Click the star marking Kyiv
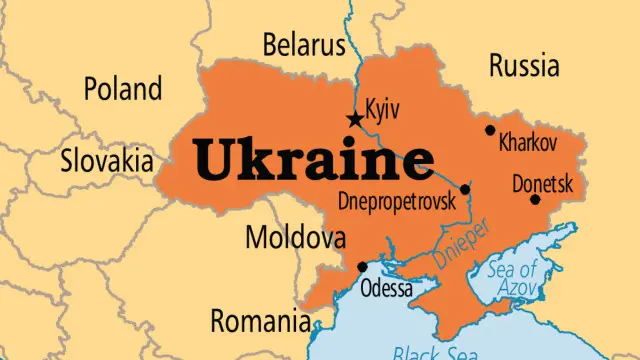point(355,120)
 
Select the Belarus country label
point(302,45)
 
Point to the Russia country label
point(523,66)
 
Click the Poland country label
point(122,88)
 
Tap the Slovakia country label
point(107,160)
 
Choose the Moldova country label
point(296,239)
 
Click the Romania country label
point(259,321)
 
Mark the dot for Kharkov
point(490,130)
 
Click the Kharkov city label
point(527,143)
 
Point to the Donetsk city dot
point(535,200)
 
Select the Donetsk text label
point(542,184)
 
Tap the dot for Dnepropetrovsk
point(464,189)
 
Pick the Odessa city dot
point(361,266)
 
